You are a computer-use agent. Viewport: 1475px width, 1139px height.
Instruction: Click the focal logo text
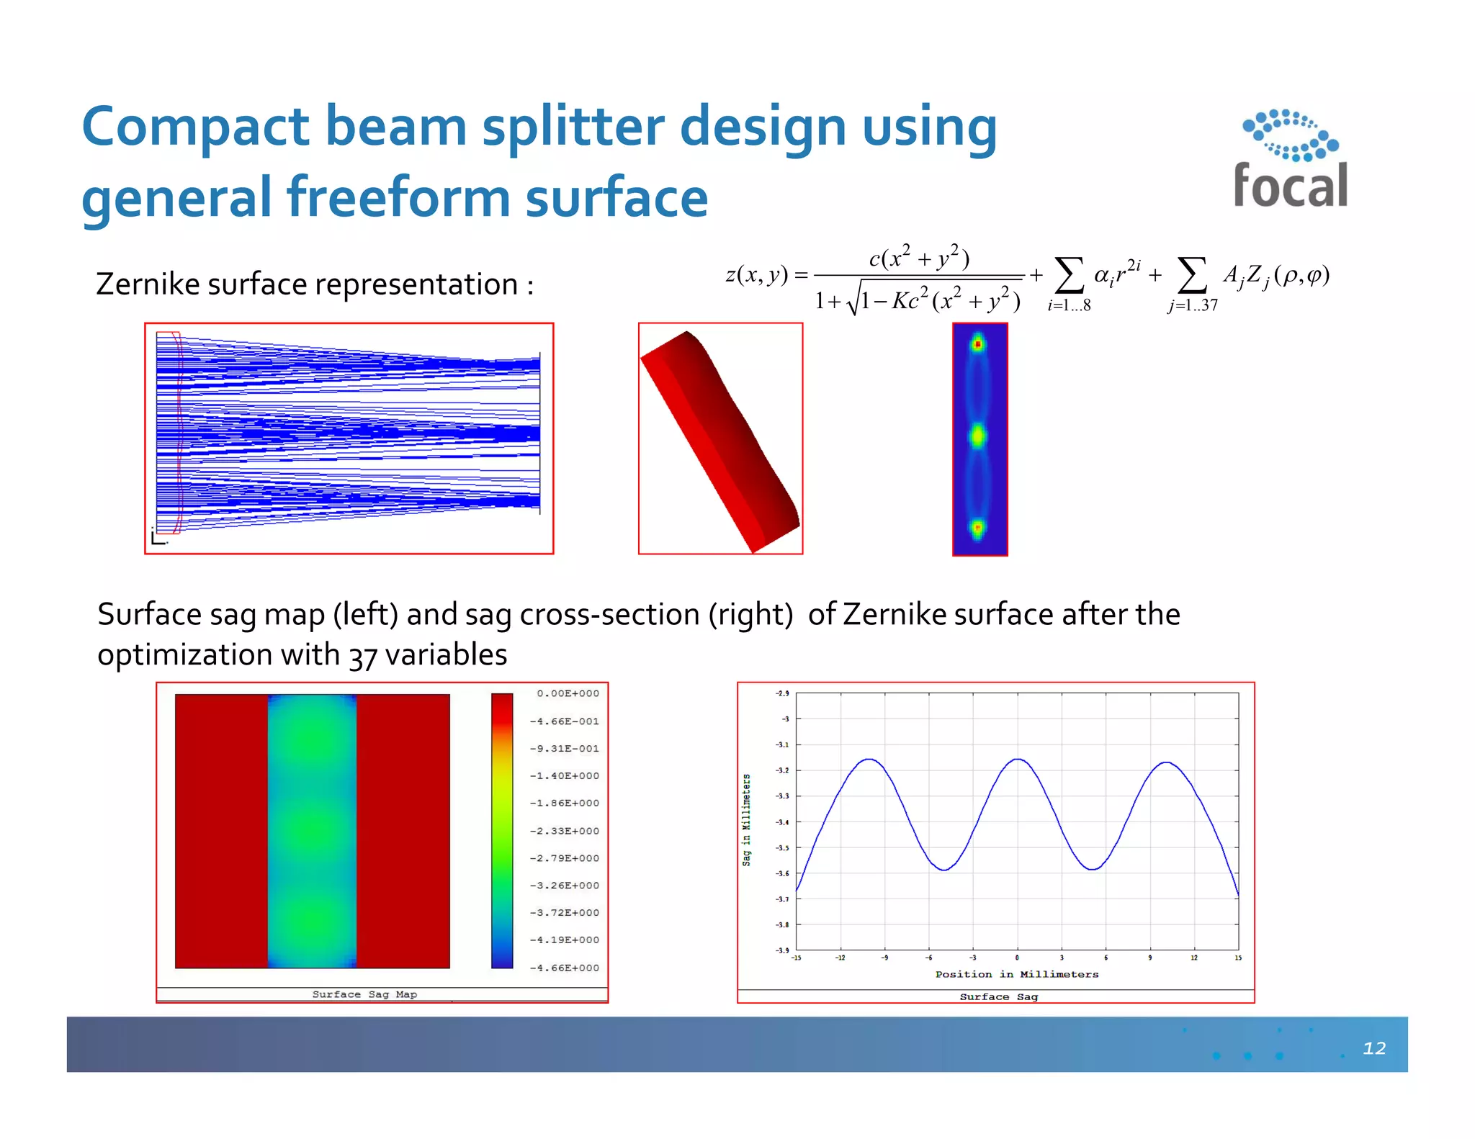click(1290, 186)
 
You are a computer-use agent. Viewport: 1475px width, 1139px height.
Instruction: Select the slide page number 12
click(1373, 1048)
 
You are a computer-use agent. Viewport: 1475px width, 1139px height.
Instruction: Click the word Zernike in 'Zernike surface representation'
click(148, 284)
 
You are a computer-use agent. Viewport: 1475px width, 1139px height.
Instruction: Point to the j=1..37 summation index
click(1193, 305)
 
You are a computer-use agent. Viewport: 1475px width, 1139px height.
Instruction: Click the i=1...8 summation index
click(1069, 305)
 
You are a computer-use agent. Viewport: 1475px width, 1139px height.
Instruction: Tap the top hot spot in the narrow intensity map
click(978, 345)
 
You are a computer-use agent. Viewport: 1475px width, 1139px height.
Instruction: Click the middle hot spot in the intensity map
click(978, 436)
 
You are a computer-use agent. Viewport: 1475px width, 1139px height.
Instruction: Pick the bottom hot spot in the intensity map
click(978, 528)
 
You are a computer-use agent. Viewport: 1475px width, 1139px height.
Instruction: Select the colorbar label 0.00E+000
click(568, 693)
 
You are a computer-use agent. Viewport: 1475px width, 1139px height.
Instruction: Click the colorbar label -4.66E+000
click(565, 968)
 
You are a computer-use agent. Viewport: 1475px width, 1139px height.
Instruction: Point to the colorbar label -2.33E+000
click(565, 831)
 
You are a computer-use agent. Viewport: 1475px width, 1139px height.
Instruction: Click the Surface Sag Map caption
click(364, 994)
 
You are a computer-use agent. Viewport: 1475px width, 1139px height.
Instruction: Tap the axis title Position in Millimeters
click(1016, 974)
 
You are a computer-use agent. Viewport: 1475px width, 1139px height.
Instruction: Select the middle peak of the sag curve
click(1017, 760)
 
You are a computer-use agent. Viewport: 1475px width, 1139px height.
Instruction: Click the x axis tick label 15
click(1238, 958)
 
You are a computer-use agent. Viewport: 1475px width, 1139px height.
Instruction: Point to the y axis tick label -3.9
click(782, 950)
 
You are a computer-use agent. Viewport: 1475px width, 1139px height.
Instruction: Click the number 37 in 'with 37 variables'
click(363, 657)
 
